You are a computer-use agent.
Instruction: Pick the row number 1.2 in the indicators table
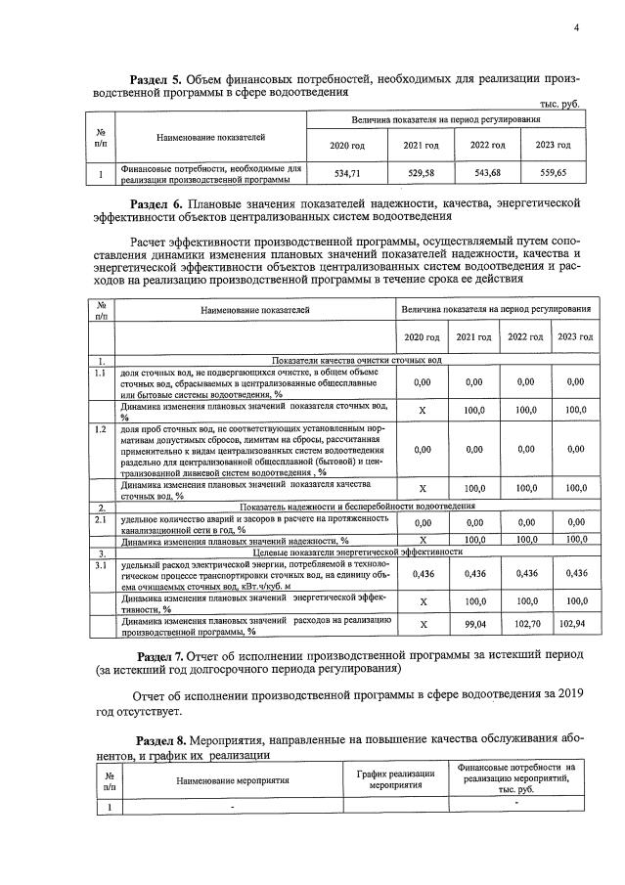click(99, 429)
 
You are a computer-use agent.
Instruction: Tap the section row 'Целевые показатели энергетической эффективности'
click(356, 552)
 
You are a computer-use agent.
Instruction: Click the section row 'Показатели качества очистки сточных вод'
click(356, 360)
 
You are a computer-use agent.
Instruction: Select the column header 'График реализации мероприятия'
click(396, 779)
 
